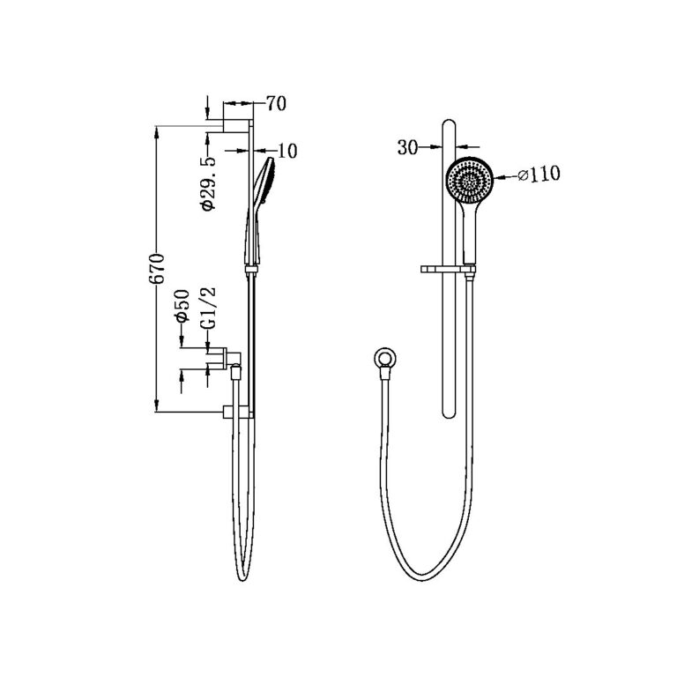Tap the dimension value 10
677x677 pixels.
click(286, 151)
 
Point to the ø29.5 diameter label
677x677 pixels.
click(208, 183)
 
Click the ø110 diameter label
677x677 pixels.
click(534, 175)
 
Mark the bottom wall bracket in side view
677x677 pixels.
click(237, 411)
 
